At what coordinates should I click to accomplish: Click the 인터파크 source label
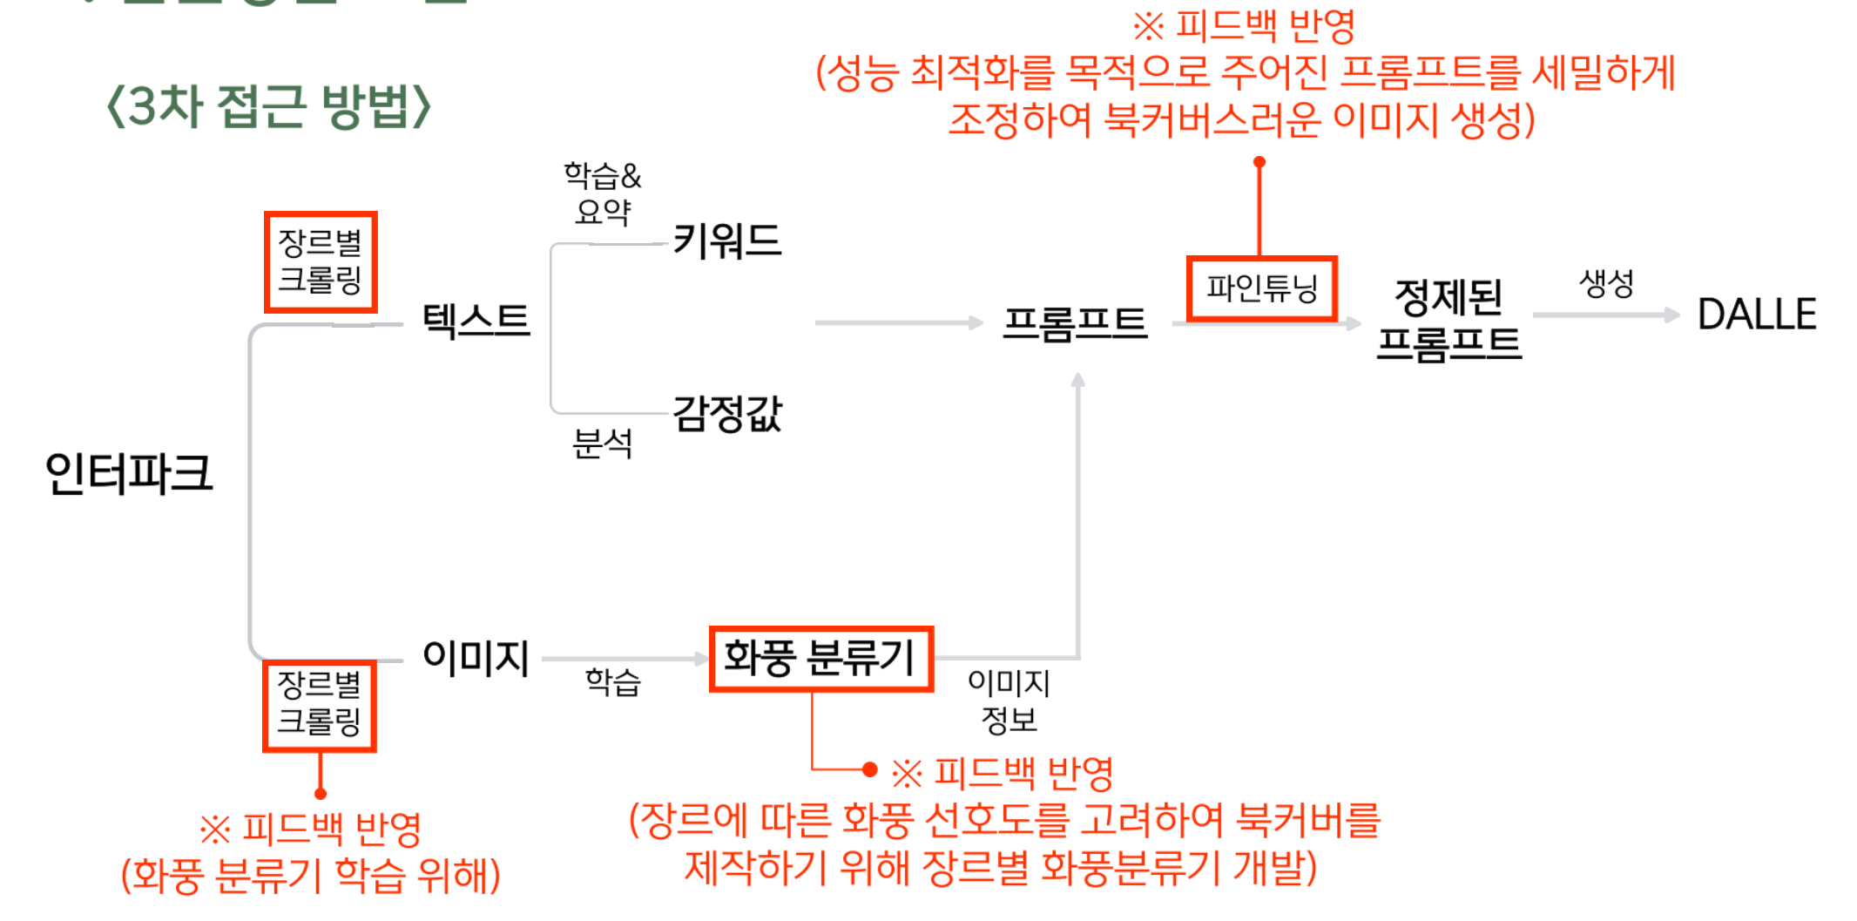pyautogui.click(x=129, y=473)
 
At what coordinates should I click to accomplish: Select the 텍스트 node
pyautogui.click(x=476, y=321)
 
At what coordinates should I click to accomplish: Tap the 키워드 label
pyautogui.click(x=727, y=240)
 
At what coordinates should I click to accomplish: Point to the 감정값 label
pyautogui.click(x=727, y=413)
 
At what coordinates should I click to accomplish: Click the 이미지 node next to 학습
pyautogui.click(x=476, y=658)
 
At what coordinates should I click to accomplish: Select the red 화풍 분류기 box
pyautogui.click(x=820, y=659)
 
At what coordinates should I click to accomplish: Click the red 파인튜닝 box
pyautogui.click(x=1261, y=288)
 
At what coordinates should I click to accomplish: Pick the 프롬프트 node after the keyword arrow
pyautogui.click(x=1075, y=323)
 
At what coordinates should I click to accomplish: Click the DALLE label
pyautogui.click(x=1757, y=315)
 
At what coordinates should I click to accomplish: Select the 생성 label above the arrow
pyautogui.click(x=1606, y=283)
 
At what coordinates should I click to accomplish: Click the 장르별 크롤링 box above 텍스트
pyautogui.click(x=321, y=261)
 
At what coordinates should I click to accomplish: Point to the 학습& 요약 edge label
pyautogui.click(x=602, y=193)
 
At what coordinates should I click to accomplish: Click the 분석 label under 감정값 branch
pyautogui.click(x=602, y=444)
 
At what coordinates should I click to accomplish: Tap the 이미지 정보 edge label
pyautogui.click(x=1009, y=701)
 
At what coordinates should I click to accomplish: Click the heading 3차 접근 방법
pyautogui.click(x=268, y=107)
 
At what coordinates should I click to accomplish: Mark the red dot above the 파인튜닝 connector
pyautogui.click(x=1259, y=162)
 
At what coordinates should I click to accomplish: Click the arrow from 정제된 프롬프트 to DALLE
pyautogui.click(x=1604, y=315)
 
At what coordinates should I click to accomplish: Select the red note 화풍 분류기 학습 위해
pyautogui.click(x=311, y=876)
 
